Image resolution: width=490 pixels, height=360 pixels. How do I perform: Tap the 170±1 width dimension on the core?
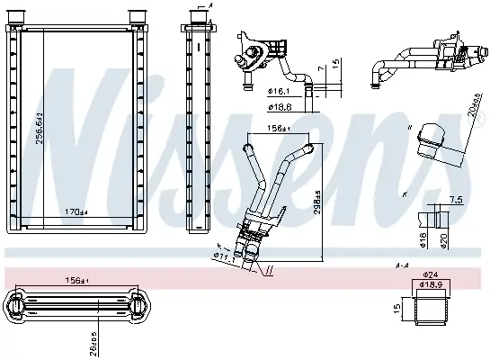click(76, 212)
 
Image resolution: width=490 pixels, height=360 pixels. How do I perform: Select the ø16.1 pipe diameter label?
click(281, 91)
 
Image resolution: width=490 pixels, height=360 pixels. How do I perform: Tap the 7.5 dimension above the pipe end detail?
click(456, 199)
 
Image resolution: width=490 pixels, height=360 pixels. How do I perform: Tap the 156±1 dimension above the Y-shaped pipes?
click(278, 127)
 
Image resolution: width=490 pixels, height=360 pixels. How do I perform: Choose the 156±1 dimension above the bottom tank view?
click(76, 280)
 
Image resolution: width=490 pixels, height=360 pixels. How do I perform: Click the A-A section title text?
click(403, 265)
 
